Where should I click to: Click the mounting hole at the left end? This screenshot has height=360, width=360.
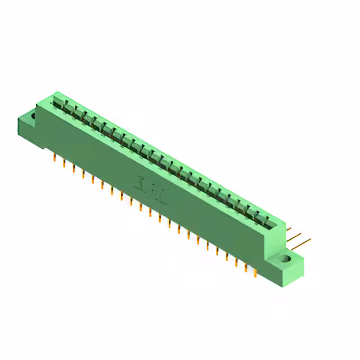(33, 116)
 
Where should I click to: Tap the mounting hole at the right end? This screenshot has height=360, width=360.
(285, 259)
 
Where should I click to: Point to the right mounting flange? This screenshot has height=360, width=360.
(288, 264)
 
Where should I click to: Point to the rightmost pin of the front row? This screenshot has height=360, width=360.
(255, 272)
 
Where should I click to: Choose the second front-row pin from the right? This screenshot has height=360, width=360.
(245, 267)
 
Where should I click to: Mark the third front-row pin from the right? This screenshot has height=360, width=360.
(236, 262)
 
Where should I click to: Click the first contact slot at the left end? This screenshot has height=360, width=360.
(58, 103)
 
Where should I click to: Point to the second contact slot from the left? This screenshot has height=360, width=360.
(67, 109)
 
